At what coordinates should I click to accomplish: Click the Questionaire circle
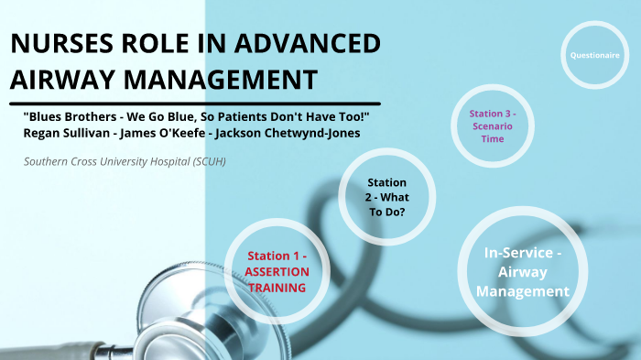click(x=594, y=55)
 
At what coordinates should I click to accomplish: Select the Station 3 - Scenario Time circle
click(x=494, y=126)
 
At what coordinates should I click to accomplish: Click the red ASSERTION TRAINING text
click(x=277, y=279)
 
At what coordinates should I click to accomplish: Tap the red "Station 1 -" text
click(x=277, y=256)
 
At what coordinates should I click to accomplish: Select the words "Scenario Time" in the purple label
click(x=494, y=132)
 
